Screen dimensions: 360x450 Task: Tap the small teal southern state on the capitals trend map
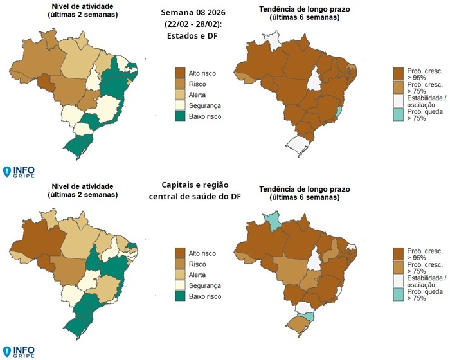coord(309,315)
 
